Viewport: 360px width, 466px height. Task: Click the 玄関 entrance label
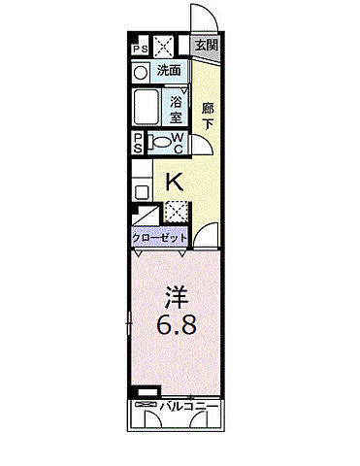(x=205, y=45)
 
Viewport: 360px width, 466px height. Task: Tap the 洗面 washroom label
(x=171, y=70)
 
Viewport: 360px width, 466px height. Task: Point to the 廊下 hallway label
(x=208, y=115)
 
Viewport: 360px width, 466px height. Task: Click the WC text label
(x=178, y=143)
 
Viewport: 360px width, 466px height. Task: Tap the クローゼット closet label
(x=160, y=236)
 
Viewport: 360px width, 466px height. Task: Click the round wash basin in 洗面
(x=140, y=72)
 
